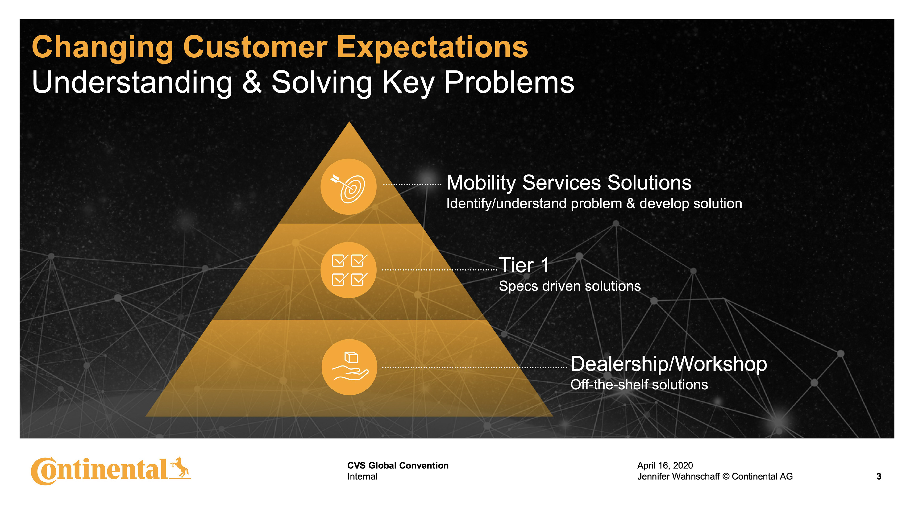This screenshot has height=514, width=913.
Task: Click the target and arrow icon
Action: point(348,187)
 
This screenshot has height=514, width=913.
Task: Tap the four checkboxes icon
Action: point(349,270)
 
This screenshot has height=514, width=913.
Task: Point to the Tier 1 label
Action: point(524,265)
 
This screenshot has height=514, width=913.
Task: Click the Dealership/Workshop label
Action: point(668,364)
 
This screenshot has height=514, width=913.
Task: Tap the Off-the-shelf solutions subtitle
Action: point(639,385)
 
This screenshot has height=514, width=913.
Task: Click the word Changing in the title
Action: point(103,48)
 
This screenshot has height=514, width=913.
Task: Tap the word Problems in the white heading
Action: point(509,82)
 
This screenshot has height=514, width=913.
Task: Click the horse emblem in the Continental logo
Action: point(180,468)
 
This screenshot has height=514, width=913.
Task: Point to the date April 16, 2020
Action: point(665,465)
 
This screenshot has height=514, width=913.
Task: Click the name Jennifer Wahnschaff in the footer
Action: point(678,476)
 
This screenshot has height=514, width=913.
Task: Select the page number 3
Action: point(879,476)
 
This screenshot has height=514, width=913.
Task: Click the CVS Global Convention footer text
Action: point(398,465)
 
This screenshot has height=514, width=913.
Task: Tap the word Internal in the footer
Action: point(362,476)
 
